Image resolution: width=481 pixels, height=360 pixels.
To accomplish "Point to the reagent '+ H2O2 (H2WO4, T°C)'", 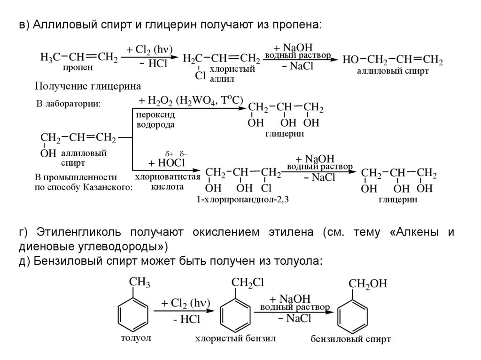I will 190,100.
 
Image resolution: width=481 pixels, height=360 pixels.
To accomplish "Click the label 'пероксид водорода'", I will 155,120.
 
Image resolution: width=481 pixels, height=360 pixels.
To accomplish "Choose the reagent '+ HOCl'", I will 167,163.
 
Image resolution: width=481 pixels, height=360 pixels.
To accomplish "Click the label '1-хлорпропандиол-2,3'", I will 243,200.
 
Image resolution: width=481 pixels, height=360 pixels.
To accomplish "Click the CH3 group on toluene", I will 139,282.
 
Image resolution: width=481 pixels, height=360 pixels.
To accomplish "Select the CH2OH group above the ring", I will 367,283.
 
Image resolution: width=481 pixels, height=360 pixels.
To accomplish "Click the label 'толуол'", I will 136,337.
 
